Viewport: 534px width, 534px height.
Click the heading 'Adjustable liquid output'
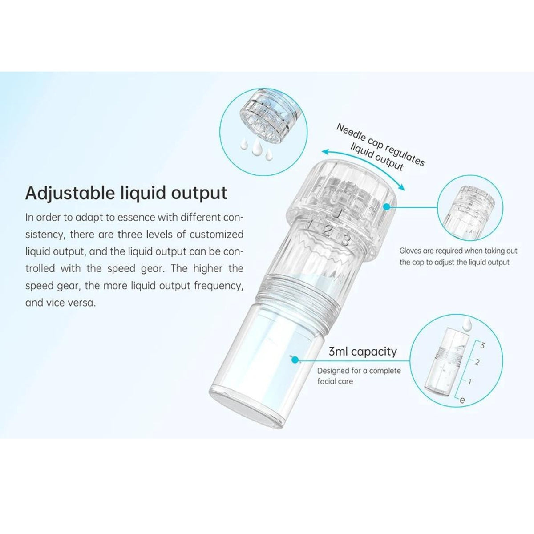pos(126,193)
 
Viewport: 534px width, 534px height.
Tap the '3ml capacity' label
pos(362,351)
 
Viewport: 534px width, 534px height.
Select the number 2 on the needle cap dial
pos(328,231)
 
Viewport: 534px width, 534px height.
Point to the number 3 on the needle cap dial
pos(345,240)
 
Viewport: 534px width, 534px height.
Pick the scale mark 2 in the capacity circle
pos(477,362)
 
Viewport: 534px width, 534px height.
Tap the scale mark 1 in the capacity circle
pos(470,381)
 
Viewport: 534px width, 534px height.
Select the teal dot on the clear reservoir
pos(293,357)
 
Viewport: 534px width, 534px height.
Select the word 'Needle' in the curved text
pos(349,132)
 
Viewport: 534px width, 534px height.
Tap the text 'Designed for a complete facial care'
pos(359,376)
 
